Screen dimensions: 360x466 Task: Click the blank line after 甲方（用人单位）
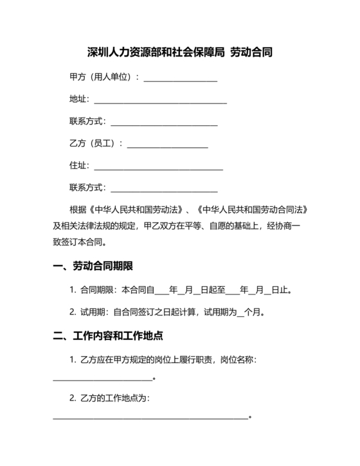click(181, 80)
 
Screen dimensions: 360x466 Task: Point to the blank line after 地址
click(160, 102)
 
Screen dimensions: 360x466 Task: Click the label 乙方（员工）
click(93, 143)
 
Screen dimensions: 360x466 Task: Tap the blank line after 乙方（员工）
click(167, 146)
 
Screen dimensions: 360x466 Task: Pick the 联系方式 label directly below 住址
click(87, 188)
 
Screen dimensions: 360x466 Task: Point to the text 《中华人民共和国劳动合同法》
click(256, 210)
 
